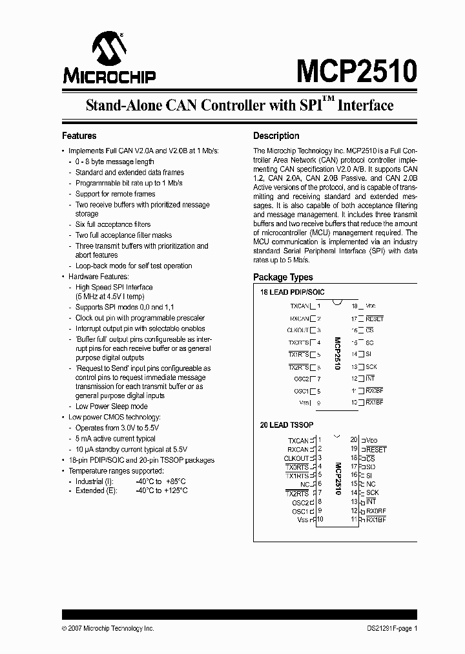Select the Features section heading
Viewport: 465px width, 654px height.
tap(79, 136)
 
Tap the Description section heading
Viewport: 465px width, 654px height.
tap(276, 136)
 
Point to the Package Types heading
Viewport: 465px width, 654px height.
tap(283, 277)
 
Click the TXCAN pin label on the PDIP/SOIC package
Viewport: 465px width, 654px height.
tap(299, 306)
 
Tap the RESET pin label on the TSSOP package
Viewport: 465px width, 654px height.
tap(376, 449)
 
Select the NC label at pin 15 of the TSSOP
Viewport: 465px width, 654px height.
tap(371, 484)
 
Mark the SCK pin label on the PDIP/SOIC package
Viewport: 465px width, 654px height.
tap(371, 366)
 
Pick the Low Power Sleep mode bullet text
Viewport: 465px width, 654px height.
tap(111, 406)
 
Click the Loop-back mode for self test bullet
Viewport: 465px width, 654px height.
tap(133, 266)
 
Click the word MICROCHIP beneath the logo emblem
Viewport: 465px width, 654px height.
tap(109, 77)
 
